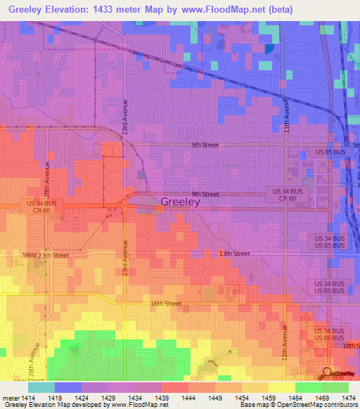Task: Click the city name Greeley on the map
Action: (181, 202)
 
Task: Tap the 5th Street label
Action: (205, 145)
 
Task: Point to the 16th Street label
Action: (166, 304)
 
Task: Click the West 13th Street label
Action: (46, 255)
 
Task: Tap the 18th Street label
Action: (350, 346)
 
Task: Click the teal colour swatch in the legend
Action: (41, 387)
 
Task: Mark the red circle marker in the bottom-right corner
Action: (327, 372)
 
